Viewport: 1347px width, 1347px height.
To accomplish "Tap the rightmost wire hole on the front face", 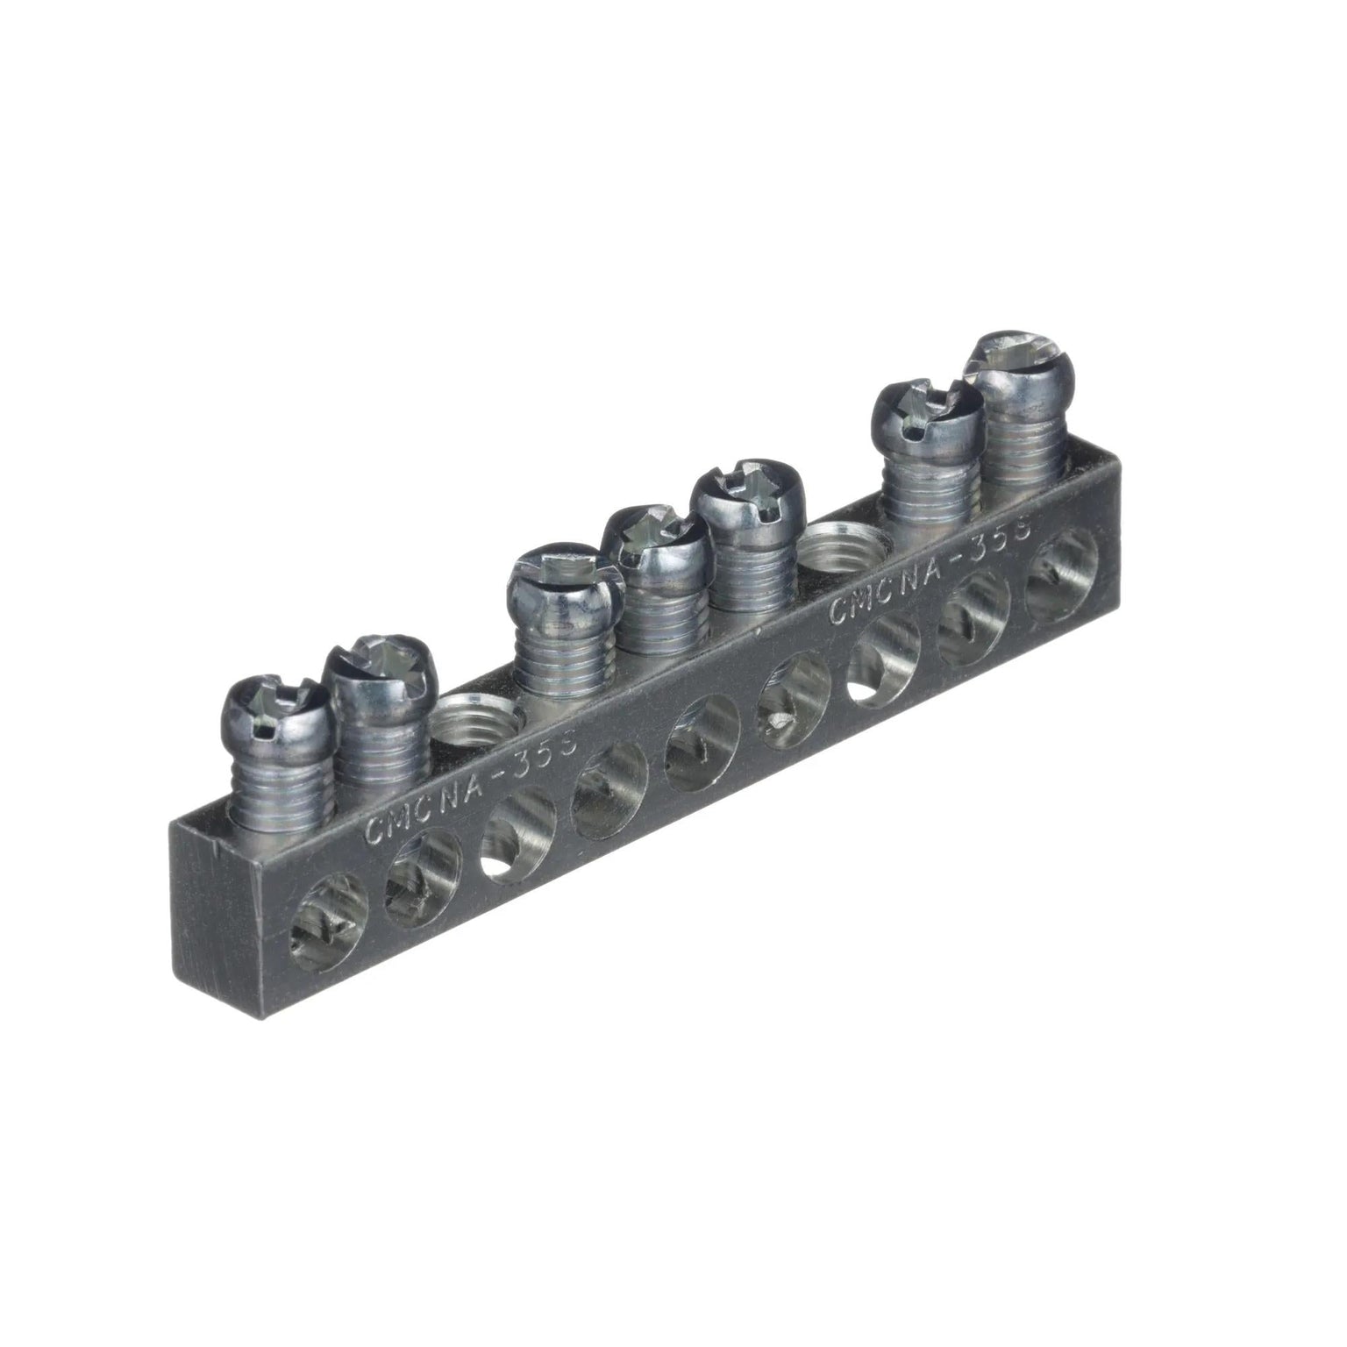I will pos(1062,573).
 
